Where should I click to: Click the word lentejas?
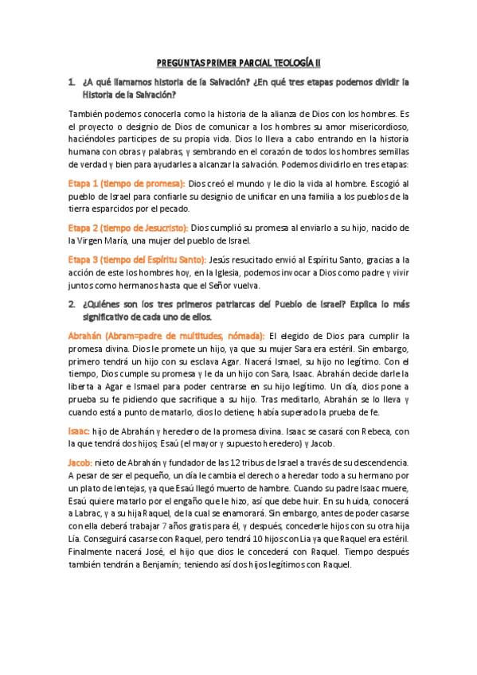click(x=134, y=488)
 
